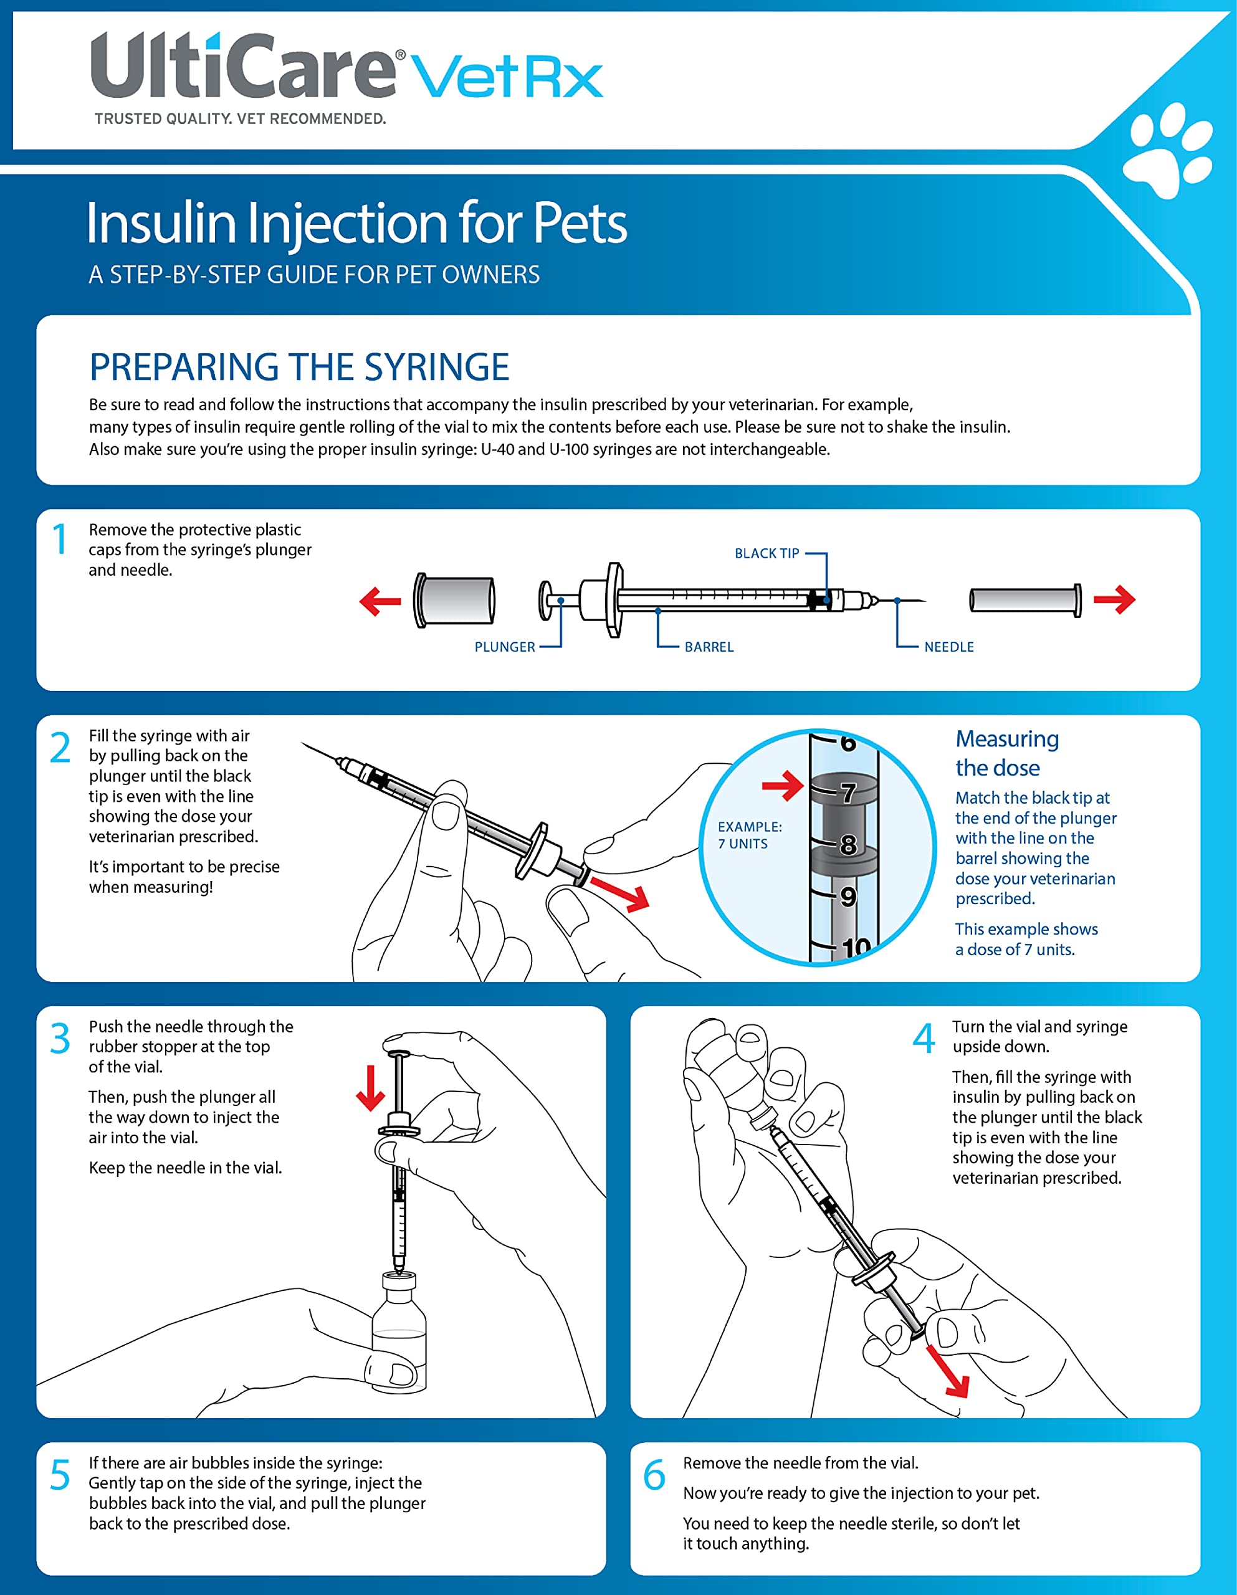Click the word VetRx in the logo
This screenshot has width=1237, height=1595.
tap(507, 77)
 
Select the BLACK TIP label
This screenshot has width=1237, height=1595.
tap(767, 553)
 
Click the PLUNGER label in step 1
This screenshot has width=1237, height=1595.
tap(504, 647)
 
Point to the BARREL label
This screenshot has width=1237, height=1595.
tap(709, 647)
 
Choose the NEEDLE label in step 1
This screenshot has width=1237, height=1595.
tap(948, 647)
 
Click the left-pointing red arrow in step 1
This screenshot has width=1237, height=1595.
tap(380, 602)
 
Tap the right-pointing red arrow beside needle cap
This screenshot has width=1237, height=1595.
tap(1114, 599)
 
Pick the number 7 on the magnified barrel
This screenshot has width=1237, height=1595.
tap(848, 793)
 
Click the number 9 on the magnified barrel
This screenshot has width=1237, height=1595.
tap(848, 897)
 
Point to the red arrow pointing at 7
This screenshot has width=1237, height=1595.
tap(782, 786)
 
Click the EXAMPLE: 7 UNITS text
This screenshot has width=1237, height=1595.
tap(749, 835)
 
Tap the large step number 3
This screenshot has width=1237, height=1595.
tap(60, 1039)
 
